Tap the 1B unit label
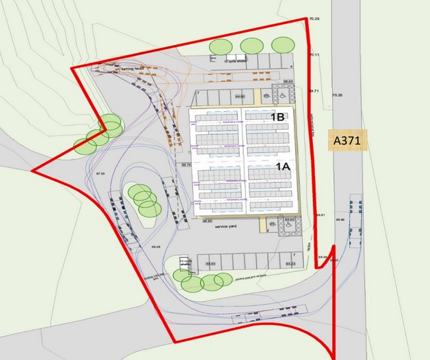click(x=277, y=117)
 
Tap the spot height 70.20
click(x=338, y=96)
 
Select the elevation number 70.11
click(x=314, y=55)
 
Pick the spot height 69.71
click(x=314, y=91)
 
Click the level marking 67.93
click(x=101, y=173)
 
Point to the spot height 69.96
click(x=341, y=219)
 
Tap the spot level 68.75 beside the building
click(x=186, y=165)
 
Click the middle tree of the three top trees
click(x=251, y=46)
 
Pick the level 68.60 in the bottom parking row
click(x=210, y=265)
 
